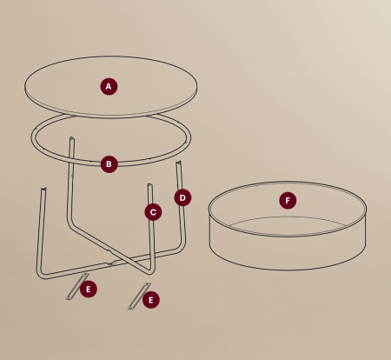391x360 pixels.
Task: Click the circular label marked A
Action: (109, 86)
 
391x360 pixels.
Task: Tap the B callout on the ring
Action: (109, 163)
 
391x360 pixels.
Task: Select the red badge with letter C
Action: (153, 211)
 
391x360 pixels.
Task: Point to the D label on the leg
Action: (182, 197)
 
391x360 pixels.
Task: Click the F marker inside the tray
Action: (288, 201)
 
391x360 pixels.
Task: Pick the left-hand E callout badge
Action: (88, 289)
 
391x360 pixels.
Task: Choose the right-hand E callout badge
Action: (151, 299)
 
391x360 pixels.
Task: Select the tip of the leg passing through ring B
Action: (71, 139)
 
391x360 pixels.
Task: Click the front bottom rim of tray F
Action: (287, 268)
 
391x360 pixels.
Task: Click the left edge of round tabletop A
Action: (25, 87)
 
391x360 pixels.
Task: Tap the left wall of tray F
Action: (211, 230)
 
